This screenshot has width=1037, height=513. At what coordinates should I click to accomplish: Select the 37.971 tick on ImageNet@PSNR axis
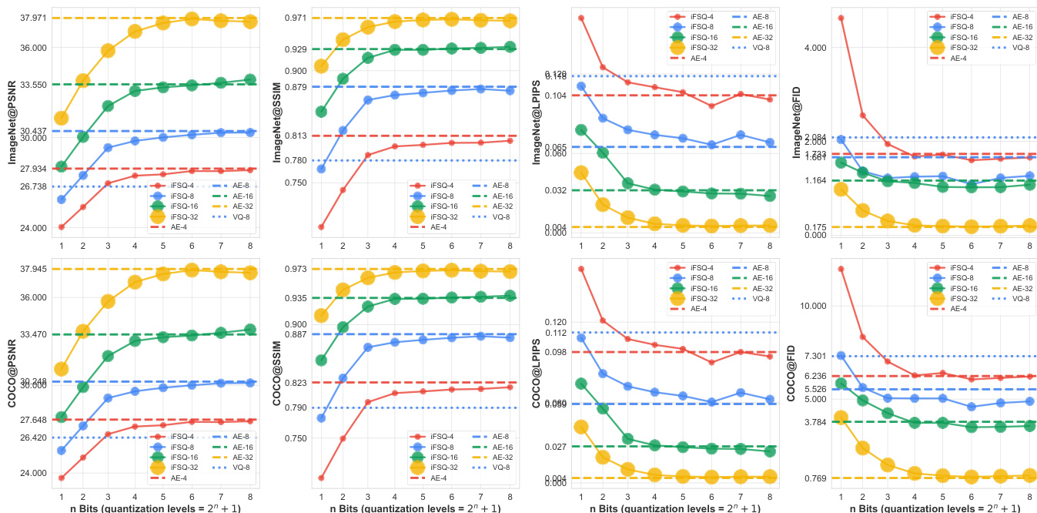[x=34, y=18]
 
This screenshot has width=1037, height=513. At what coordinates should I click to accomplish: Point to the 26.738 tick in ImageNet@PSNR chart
[x=34, y=186]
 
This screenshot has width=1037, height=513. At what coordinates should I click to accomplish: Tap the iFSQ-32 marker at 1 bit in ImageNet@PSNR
[x=61, y=118]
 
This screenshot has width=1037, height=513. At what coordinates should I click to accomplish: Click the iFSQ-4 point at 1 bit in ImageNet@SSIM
[x=321, y=227]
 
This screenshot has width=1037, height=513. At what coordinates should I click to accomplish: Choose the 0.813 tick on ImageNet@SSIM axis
[x=296, y=136]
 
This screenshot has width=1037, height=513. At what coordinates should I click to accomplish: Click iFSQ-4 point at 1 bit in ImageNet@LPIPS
[x=581, y=17]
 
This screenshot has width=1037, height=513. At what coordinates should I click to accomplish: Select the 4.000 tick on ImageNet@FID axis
[x=815, y=48]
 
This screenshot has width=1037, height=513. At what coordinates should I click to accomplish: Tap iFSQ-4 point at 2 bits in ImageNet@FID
[x=863, y=116]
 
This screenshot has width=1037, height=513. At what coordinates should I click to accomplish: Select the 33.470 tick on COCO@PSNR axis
[x=34, y=334]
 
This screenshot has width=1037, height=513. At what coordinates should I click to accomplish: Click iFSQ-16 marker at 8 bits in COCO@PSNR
[x=249, y=330]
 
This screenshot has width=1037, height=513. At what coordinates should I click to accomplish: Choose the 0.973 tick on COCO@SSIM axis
[x=296, y=269]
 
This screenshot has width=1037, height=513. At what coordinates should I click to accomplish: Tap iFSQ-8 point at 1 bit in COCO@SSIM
[x=321, y=418]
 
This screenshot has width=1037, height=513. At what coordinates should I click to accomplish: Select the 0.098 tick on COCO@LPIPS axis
[x=555, y=352]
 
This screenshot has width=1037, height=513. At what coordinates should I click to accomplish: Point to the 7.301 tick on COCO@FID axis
[x=815, y=356]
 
